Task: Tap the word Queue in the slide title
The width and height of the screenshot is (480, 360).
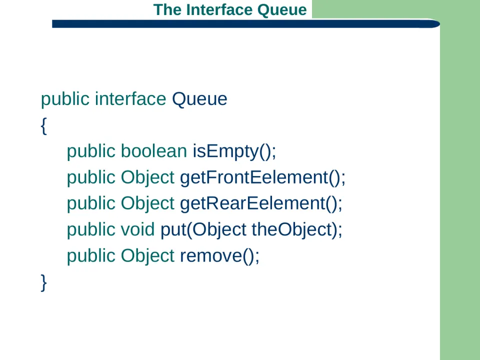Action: point(282,10)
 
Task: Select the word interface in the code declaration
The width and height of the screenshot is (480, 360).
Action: point(130,99)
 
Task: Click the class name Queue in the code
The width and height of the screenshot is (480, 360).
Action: point(199,99)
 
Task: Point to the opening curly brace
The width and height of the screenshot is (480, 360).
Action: point(44,126)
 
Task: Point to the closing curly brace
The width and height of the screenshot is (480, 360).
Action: point(44,282)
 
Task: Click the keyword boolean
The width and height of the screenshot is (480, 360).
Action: point(153,151)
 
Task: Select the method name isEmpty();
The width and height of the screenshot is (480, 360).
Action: point(234,151)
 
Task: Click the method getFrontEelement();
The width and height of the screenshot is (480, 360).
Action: point(262,177)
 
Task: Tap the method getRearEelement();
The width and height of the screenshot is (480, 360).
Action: point(261,203)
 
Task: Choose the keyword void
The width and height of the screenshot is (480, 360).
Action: point(138,229)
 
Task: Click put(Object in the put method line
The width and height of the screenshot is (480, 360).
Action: point(203,230)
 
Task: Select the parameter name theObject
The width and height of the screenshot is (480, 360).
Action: point(292,230)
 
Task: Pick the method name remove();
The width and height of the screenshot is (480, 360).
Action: point(219,256)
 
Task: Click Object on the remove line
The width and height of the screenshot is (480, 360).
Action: point(147,256)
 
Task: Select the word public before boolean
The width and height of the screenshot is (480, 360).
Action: point(91,151)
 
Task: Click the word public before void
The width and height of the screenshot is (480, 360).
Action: point(91,230)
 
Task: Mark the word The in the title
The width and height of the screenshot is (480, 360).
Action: point(167,10)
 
